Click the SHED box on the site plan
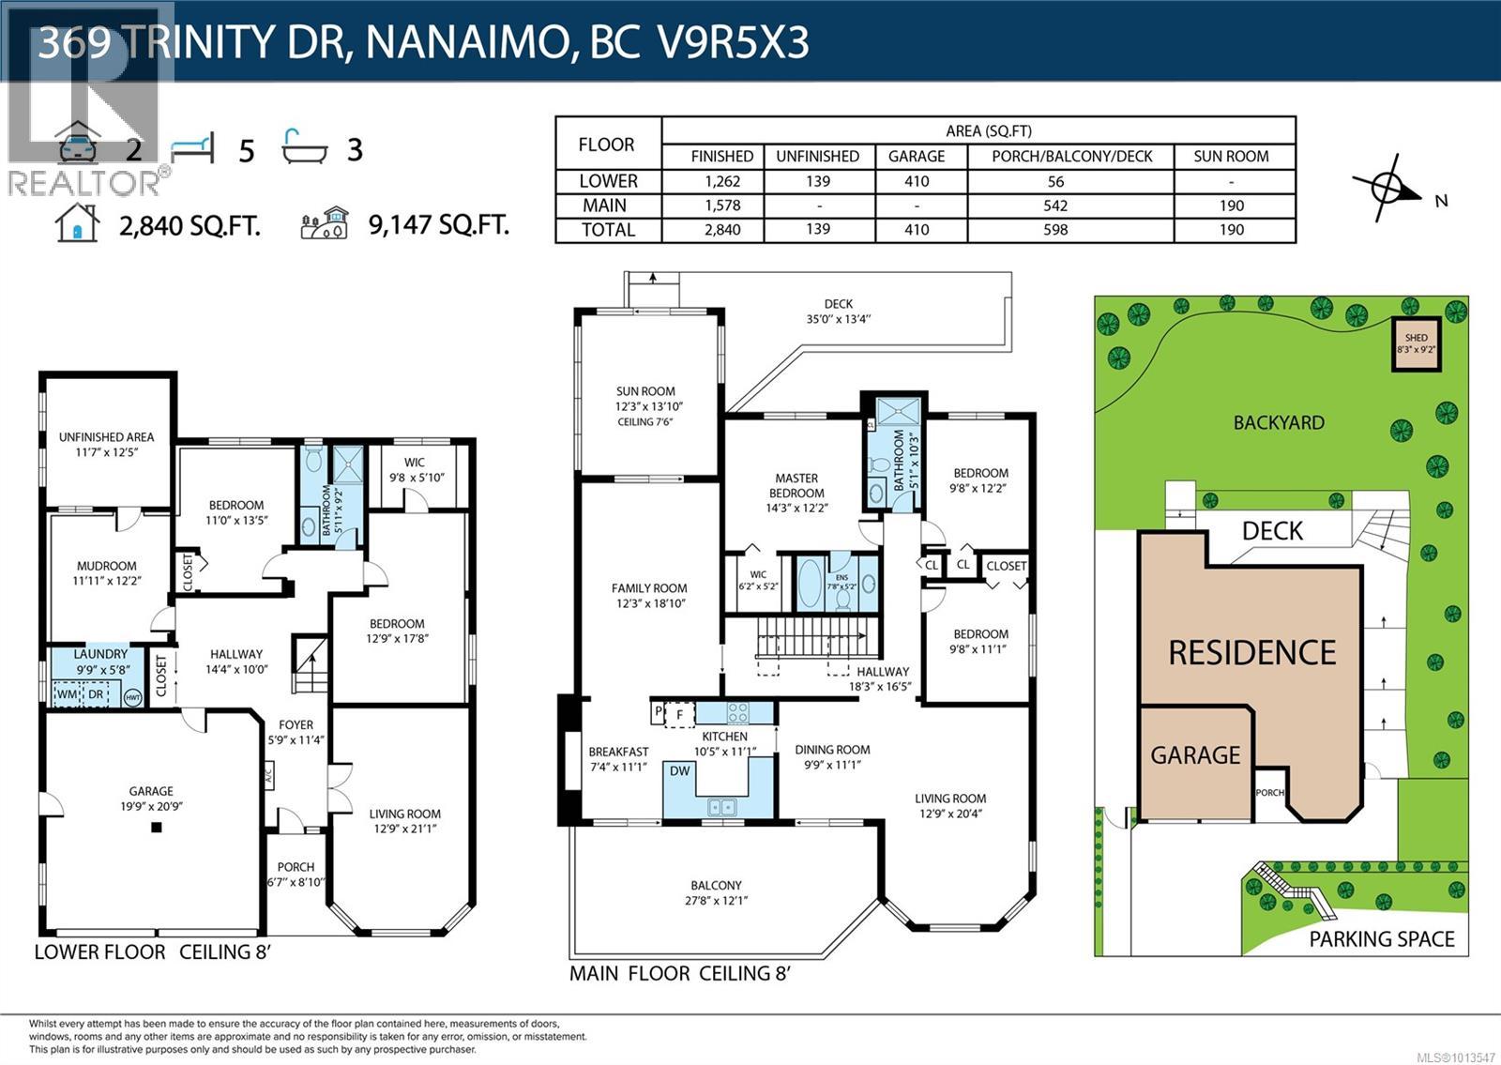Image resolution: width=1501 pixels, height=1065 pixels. point(1416,344)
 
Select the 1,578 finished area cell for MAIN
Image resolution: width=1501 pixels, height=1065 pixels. point(721,205)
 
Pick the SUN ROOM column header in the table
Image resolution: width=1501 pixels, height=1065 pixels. point(1231,157)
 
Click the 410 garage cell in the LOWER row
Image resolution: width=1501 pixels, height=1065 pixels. point(916,181)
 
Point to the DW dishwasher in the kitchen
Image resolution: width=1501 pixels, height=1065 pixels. point(679,771)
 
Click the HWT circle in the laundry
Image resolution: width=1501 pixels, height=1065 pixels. point(132,697)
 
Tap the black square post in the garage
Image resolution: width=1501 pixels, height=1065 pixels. point(157,828)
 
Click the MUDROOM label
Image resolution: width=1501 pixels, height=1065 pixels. point(106,572)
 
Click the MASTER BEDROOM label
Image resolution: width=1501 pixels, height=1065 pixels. point(796,485)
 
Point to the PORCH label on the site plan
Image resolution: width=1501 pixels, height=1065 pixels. point(1270,793)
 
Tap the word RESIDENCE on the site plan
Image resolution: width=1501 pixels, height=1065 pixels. point(1251,652)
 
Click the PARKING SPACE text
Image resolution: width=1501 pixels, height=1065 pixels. point(1381,939)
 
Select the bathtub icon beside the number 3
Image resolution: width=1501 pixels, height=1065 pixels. point(306,147)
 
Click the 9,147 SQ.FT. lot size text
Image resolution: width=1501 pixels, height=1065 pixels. point(439,225)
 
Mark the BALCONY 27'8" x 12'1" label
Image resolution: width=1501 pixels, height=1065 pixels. point(716,892)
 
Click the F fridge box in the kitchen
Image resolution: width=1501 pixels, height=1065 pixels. point(679,714)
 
